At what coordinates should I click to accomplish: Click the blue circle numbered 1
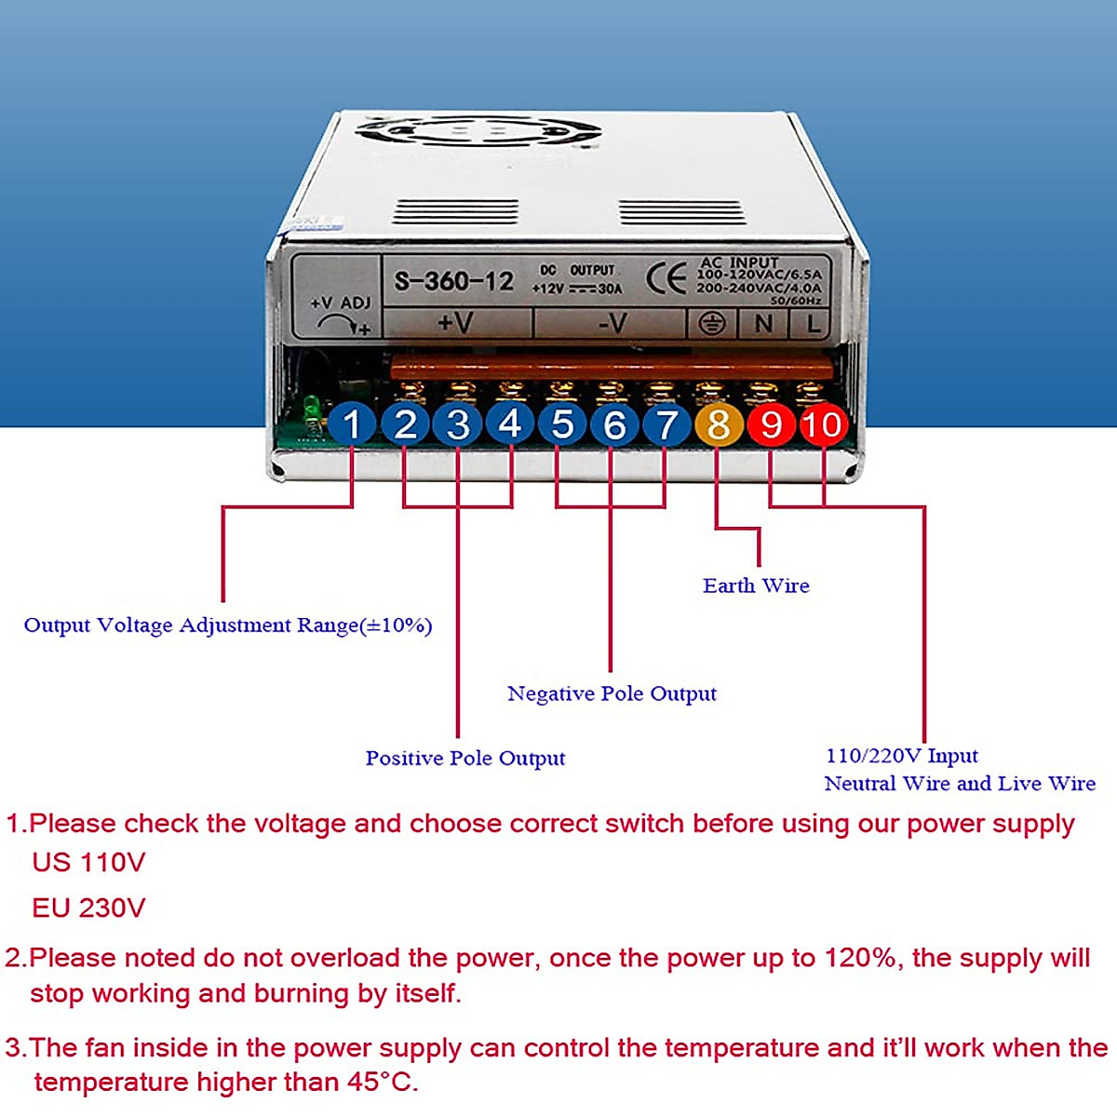pos(352,424)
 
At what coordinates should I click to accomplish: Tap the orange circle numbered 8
pos(719,424)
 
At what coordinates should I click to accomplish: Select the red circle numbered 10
pos(823,424)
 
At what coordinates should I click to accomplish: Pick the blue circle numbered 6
pos(614,424)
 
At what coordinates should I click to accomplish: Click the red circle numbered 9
pos(771,424)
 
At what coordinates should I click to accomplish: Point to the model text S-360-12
pos(453,280)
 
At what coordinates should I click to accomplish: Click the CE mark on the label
pos(666,278)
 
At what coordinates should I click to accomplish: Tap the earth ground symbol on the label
pos(712,323)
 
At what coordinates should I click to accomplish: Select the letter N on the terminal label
pos(763,323)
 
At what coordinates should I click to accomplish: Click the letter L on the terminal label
pos(814,323)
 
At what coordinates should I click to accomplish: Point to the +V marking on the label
pos(455,322)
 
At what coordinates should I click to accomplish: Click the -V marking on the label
pos(612,323)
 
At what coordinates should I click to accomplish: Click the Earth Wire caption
pos(756,585)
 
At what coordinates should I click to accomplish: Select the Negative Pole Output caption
pos(612,693)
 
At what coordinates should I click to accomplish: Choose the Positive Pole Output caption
pos(464,758)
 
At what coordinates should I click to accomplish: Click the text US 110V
pos(88,862)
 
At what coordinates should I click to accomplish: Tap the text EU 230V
pos(88,908)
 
